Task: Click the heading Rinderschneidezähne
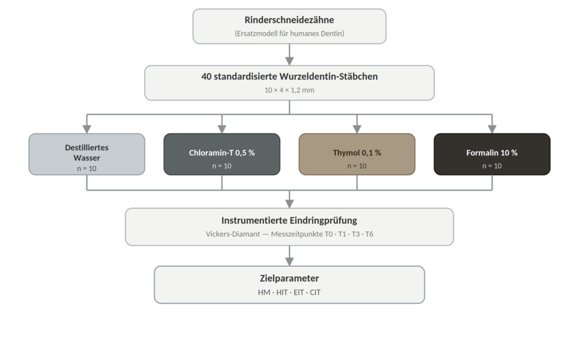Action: pos(289,20)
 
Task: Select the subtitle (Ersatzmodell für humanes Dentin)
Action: pos(289,33)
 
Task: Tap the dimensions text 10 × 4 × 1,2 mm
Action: pos(289,90)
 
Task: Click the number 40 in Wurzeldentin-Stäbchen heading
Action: pos(206,76)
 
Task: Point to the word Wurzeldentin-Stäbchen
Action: pos(329,76)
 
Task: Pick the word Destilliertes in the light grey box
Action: pos(87,148)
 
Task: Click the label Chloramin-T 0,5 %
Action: pos(222,153)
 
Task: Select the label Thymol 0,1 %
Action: pos(357,153)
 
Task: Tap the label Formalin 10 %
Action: pos(492,153)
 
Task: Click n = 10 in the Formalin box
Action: pos(492,166)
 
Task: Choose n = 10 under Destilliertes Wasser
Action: pos(87,168)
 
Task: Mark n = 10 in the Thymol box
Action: pos(357,166)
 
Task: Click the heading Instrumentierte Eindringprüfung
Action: pos(289,220)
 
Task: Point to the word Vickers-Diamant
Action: pos(232,234)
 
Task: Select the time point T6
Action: pos(369,234)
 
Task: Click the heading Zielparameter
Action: pos(289,278)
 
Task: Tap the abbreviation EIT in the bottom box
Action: pos(299,292)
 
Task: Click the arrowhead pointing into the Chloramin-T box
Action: pos(222,128)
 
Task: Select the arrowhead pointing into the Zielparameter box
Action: pos(289,262)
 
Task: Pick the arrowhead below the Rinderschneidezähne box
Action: pos(289,61)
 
